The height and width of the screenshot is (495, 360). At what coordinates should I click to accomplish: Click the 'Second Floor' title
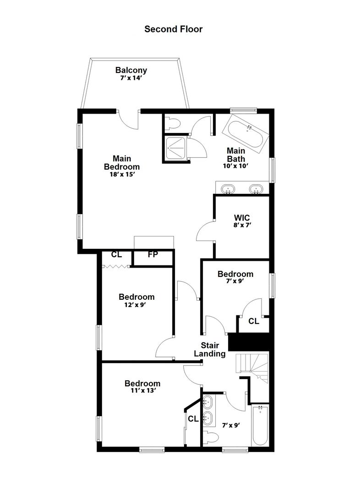pyautogui.click(x=173, y=29)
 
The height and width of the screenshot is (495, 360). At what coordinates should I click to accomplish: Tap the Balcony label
pyautogui.click(x=131, y=70)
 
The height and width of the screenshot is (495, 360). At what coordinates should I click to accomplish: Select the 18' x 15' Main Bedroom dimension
pyautogui.click(x=122, y=174)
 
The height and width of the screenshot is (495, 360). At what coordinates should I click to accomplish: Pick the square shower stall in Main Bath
pyautogui.click(x=176, y=148)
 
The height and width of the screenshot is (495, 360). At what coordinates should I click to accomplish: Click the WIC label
pyautogui.click(x=242, y=218)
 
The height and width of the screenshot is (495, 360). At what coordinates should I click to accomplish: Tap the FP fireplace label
pyautogui.click(x=153, y=254)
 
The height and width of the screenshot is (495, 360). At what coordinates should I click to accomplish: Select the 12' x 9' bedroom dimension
pyautogui.click(x=135, y=305)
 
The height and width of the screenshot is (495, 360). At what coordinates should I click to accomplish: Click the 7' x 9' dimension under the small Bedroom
pyautogui.click(x=235, y=281)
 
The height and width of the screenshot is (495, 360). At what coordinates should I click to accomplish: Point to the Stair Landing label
pyautogui.click(x=210, y=349)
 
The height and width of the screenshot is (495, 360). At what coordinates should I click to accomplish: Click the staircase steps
pyautogui.click(x=252, y=368)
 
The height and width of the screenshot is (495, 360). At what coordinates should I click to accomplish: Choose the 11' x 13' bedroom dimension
pyautogui.click(x=143, y=390)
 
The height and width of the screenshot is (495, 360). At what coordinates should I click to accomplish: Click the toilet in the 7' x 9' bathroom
pyautogui.click(x=210, y=438)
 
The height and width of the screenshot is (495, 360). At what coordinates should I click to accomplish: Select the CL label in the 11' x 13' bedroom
pyautogui.click(x=193, y=419)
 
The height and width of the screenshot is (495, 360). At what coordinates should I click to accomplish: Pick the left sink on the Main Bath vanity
pyautogui.click(x=228, y=189)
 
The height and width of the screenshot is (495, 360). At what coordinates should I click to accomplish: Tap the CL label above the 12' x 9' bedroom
pyautogui.click(x=116, y=254)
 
